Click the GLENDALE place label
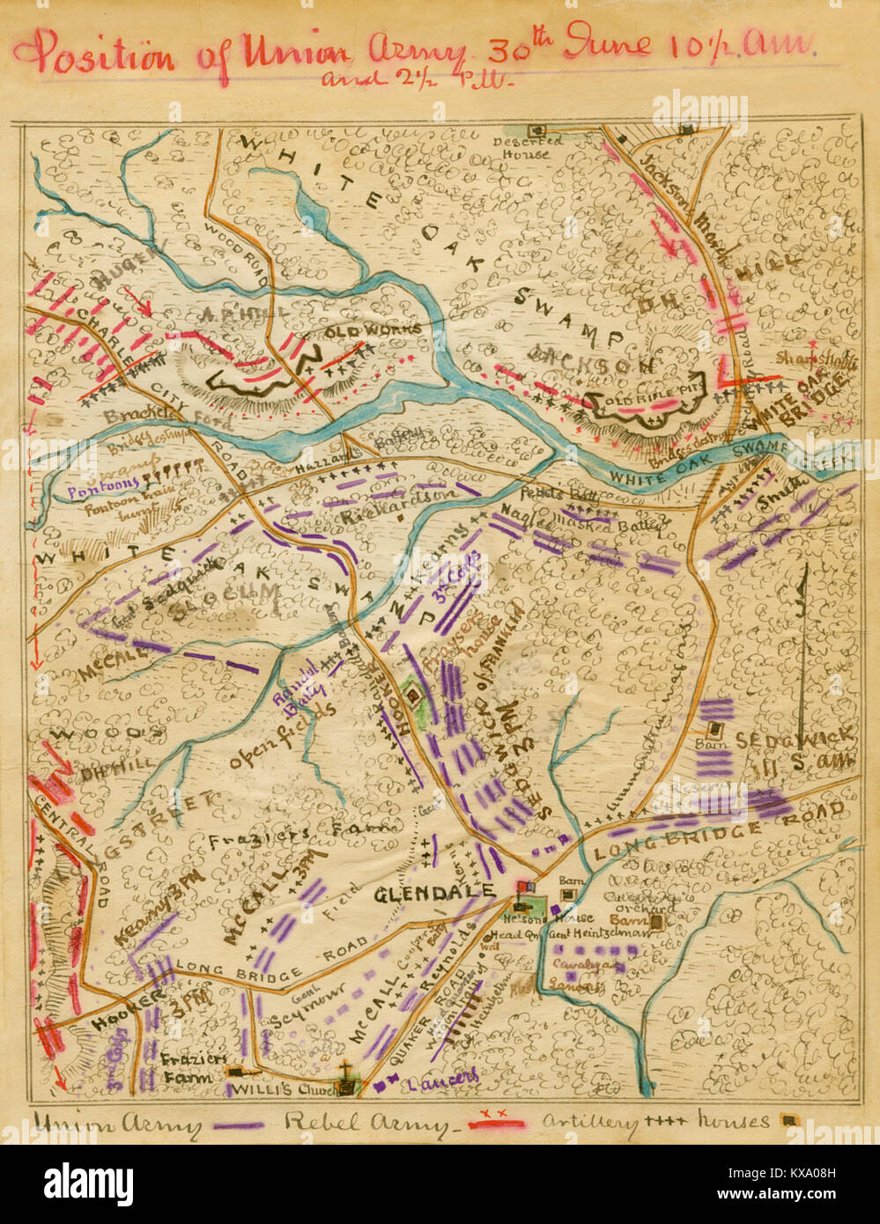click(433, 894)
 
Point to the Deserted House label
click(528, 147)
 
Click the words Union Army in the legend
click(115, 1124)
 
